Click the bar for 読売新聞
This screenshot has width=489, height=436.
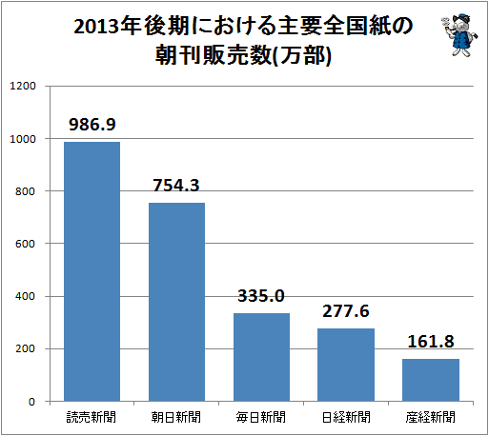(92, 271)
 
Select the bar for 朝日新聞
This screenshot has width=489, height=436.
(176, 302)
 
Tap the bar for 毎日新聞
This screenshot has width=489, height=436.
(261, 357)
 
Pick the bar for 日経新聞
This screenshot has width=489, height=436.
(346, 365)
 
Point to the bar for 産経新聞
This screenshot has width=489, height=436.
(431, 380)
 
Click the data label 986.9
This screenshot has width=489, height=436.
(92, 124)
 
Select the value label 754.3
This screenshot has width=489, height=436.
(176, 185)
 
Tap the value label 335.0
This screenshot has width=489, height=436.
(261, 296)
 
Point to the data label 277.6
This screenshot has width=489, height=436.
(346, 311)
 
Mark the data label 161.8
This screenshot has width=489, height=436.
(431, 342)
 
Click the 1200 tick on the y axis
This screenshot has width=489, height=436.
(23, 86)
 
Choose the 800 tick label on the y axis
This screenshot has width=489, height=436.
(26, 191)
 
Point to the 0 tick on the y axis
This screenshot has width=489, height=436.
(31, 402)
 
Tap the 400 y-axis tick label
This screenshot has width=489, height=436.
(26, 296)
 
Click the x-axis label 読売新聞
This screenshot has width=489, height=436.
(92, 417)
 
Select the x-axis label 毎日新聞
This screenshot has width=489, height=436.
(261, 417)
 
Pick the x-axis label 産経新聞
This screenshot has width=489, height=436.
(431, 417)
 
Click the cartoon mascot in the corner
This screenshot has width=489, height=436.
(459, 35)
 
